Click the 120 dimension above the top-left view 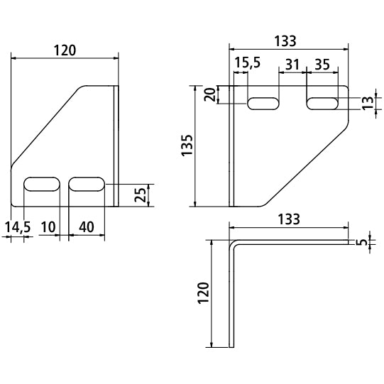coord(65,50)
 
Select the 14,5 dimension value coord(17,226)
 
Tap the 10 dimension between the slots coord(48,226)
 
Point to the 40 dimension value coord(87,226)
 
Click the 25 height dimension coord(142,194)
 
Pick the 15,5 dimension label coord(247,63)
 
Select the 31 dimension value coord(292,63)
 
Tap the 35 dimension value coord(321,63)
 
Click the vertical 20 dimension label coord(210,94)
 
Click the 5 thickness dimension coord(364,243)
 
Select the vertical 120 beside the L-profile coord(203,292)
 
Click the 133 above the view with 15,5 coord(289,41)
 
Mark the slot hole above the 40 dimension coord(87,185)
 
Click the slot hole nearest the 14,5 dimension coord(42,185)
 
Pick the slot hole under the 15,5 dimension coord(263,104)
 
